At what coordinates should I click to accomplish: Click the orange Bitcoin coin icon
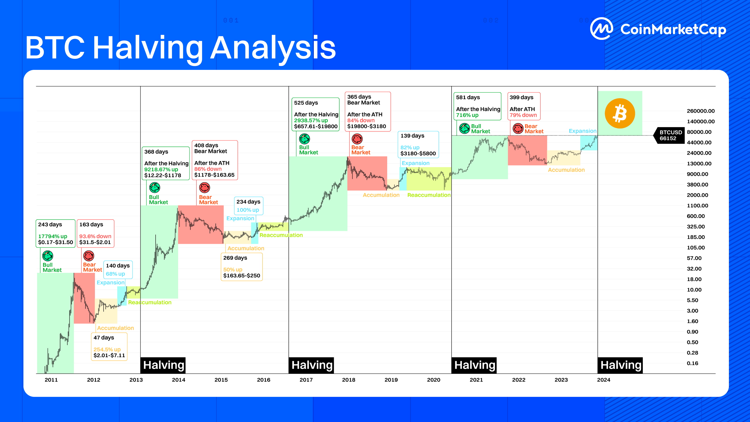tap(619, 113)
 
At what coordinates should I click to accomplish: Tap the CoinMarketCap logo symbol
tap(601, 29)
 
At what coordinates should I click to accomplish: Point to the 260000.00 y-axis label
tap(701, 111)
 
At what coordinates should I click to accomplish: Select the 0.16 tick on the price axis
tap(692, 363)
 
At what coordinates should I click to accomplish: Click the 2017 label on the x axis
tap(306, 380)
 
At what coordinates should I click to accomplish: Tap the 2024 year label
tap(604, 380)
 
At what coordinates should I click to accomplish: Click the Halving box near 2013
tap(163, 365)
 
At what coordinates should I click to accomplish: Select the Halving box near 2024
tap(620, 365)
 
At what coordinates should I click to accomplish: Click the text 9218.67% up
tap(161, 170)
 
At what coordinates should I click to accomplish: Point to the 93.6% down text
tap(95, 236)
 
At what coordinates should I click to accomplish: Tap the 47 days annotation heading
tap(104, 338)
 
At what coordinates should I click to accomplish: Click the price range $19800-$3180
tap(367, 126)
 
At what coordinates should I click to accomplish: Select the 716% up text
tap(467, 115)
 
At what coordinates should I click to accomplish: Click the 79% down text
tap(523, 115)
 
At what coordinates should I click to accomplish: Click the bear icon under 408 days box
tap(204, 188)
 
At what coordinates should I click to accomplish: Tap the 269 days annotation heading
tap(235, 258)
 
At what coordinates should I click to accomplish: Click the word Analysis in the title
tap(273, 47)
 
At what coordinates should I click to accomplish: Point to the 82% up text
tap(410, 148)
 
